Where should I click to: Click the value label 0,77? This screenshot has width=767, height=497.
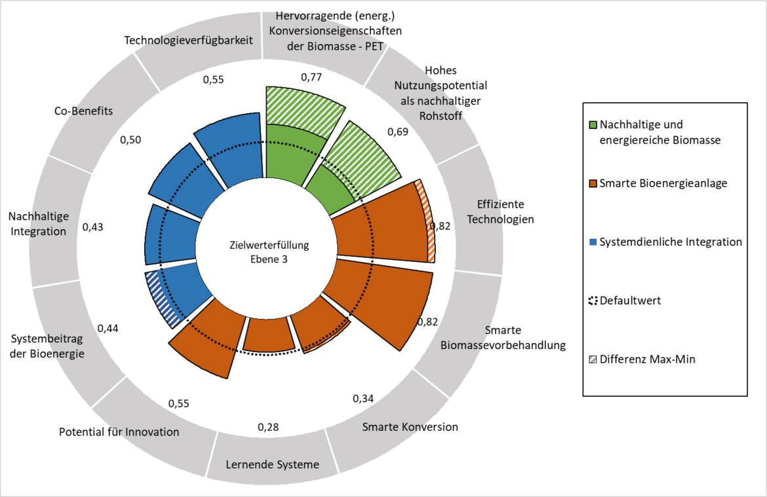311,77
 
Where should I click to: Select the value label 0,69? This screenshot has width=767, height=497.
398,132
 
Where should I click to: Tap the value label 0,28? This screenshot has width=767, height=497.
268,427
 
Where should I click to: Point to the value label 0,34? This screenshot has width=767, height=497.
363,399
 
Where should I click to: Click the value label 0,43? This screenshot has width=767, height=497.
92,227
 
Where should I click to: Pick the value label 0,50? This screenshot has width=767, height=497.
130,140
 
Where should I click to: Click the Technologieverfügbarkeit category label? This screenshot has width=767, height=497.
188,40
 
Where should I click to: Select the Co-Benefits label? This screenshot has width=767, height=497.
84,111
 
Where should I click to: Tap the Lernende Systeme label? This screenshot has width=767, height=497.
273,464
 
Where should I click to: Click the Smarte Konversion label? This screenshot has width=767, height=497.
410,427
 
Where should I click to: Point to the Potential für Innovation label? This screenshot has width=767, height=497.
119,432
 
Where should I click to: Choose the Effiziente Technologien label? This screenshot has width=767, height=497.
500,212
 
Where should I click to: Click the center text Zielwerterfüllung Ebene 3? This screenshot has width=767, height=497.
269,252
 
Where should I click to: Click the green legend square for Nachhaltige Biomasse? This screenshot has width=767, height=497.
593,124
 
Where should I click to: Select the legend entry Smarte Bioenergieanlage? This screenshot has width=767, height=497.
658,183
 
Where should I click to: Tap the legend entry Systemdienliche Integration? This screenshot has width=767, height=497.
665,242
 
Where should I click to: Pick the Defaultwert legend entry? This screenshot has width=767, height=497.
625,301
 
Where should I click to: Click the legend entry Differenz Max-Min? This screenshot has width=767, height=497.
642,359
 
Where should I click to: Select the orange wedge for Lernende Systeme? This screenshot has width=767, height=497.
268,334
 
